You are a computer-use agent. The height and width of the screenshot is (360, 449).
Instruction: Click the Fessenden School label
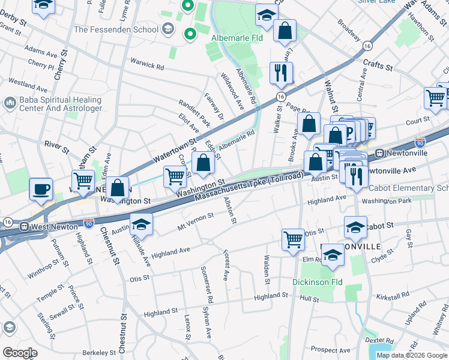pyautogui.click(x=116, y=29)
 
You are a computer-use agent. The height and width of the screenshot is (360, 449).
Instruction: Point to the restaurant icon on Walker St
pyautogui.click(x=281, y=73)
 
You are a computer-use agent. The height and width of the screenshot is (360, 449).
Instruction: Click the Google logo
pyautogui.click(x=19, y=353)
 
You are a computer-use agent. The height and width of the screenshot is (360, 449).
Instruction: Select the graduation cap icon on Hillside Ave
pyautogui.click(x=141, y=224)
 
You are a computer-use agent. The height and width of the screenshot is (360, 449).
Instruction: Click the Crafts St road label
pyautogui.click(x=376, y=64)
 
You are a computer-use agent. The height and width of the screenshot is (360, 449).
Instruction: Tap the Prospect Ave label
pyautogui.click(x=330, y=349)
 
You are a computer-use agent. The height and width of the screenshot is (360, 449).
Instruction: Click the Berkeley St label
pyautogui.click(x=100, y=353)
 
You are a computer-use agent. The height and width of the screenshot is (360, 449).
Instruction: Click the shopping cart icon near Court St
pyautogui.click(x=435, y=97)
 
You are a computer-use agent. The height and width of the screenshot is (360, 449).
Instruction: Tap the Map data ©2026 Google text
pyautogui.click(x=412, y=355)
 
